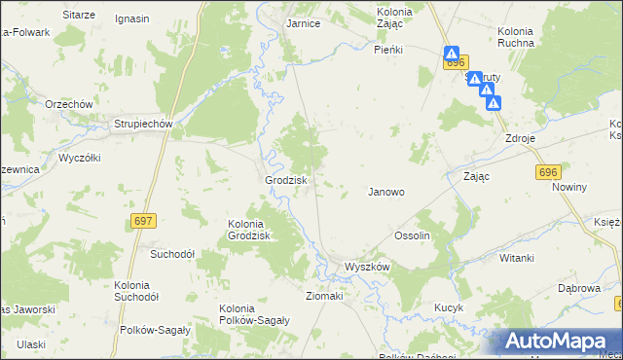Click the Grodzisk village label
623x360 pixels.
tap(287, 181)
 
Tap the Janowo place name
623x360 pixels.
tap(385, 192)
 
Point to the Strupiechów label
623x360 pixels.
tap(143, 124)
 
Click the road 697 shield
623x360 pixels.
tap(143, 222)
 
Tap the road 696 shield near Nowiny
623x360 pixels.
tap(548, 172)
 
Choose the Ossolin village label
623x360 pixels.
tap(412, 236)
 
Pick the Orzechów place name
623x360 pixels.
tap(68, 104)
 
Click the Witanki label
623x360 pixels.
tap(517, 258)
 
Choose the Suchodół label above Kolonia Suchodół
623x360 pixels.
tap(172, 254)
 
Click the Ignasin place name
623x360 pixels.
tap(132, 18)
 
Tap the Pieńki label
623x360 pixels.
tap(388, 48)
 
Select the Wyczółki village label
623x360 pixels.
tap(81, 156)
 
